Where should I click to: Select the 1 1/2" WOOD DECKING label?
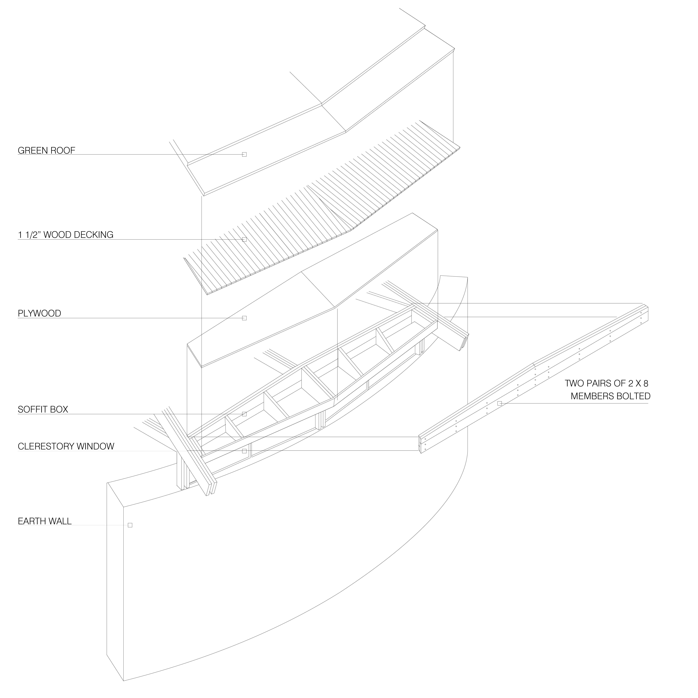(65, 235)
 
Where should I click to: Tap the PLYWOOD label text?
(39, 313)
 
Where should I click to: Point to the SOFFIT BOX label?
(43, 409)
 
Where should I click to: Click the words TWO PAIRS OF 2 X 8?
(606, 383)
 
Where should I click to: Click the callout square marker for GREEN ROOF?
(244, 155)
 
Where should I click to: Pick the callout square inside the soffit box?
(244, 414)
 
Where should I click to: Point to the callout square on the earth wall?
(130, 525)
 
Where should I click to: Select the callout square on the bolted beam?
(500, 403)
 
